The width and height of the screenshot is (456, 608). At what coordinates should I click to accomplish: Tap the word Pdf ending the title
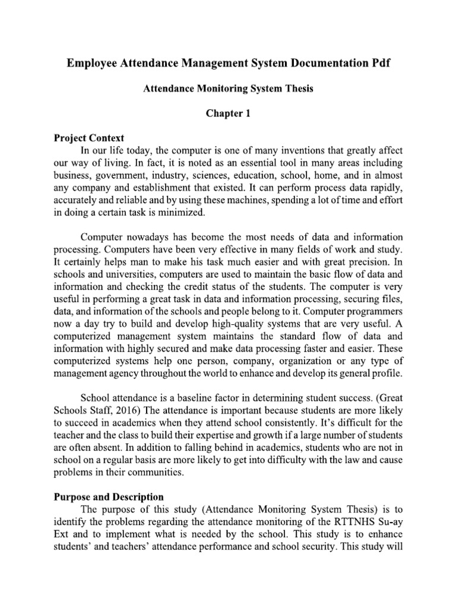click(x=388, y=64)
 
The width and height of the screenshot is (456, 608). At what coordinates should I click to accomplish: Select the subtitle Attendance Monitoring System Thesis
click(x=229, y=88)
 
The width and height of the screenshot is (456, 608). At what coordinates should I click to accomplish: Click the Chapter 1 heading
click(x=229, y=113)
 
